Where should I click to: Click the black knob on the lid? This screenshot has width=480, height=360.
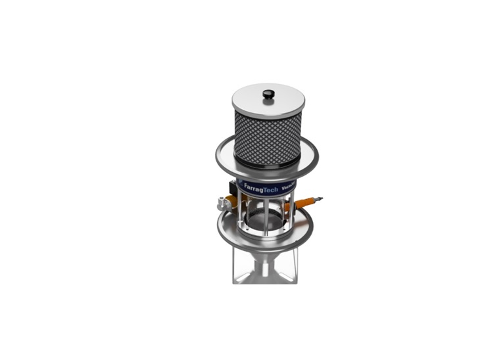click(268, 95)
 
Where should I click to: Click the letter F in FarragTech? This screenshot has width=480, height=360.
click(245, 187)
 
